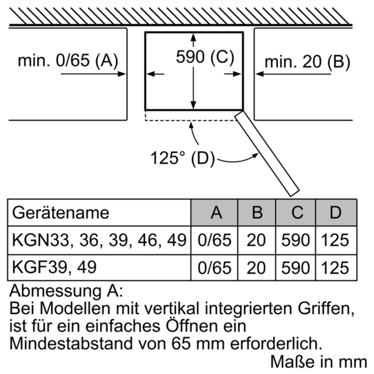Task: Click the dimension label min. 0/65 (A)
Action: point(68,60)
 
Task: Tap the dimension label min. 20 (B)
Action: point(307,62)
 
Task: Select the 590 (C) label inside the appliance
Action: point(205,57)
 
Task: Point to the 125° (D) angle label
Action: point(183,158)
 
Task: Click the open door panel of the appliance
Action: point(267,153)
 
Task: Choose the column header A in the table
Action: point(216,213)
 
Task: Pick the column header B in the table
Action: point(257,213)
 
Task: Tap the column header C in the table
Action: point(297,213)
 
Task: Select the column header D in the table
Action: point(335,213)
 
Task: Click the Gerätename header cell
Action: point(60,213)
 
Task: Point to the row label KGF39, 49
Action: point(54,267)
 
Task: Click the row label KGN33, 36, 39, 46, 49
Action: point(99,240)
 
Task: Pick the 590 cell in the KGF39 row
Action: point(295,268)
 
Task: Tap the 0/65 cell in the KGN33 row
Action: point(214,240)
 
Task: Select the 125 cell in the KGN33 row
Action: point(335,240)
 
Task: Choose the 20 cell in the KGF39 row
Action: point(256,268)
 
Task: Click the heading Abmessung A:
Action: point(66,291)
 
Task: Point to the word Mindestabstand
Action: point(71,343)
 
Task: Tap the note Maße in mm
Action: point(319,362)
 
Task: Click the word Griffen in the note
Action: point(326,309)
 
